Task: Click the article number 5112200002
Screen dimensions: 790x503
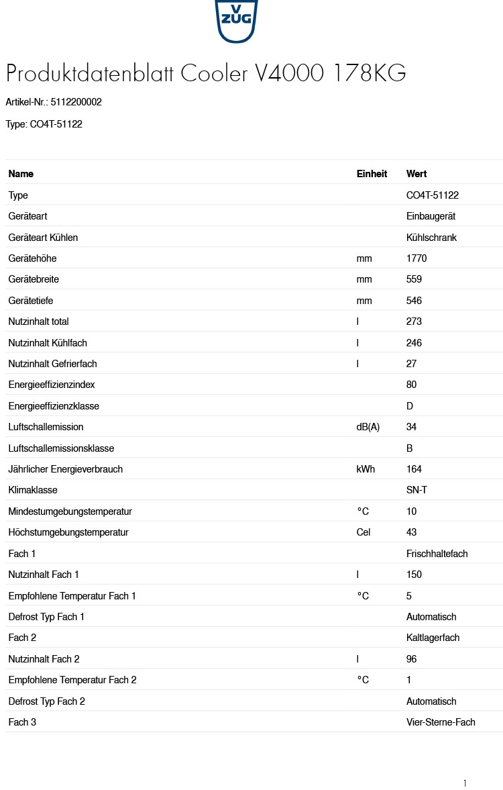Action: coord(76,102)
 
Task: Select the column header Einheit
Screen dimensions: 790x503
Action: coord(372,174)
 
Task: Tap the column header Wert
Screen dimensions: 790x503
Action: coord(416,174)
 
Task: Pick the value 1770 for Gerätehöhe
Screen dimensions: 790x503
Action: coord(416,258)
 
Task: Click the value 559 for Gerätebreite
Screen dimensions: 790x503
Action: coord(414,279)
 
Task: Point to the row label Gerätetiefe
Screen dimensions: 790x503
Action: coord(32,301)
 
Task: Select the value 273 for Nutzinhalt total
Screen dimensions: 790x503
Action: coord(414,322)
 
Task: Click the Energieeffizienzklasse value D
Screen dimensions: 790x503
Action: coord(410,406)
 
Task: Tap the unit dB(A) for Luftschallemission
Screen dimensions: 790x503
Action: coord(368,427)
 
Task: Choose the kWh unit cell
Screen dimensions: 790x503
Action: coord(366,469)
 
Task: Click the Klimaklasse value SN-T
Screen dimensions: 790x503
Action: coord(416,490)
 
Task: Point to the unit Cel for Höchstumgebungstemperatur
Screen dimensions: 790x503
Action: coord(364,532)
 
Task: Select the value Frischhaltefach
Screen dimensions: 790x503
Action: coord(437,554)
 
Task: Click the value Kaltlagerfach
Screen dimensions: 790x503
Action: coord(433,638)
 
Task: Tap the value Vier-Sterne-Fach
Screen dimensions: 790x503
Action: coord(441,722)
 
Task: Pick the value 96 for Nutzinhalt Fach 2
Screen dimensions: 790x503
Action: coord(412,659)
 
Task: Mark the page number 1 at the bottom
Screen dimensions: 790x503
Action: coord(464,783)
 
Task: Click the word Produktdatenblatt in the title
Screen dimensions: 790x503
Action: coord(90,73)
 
